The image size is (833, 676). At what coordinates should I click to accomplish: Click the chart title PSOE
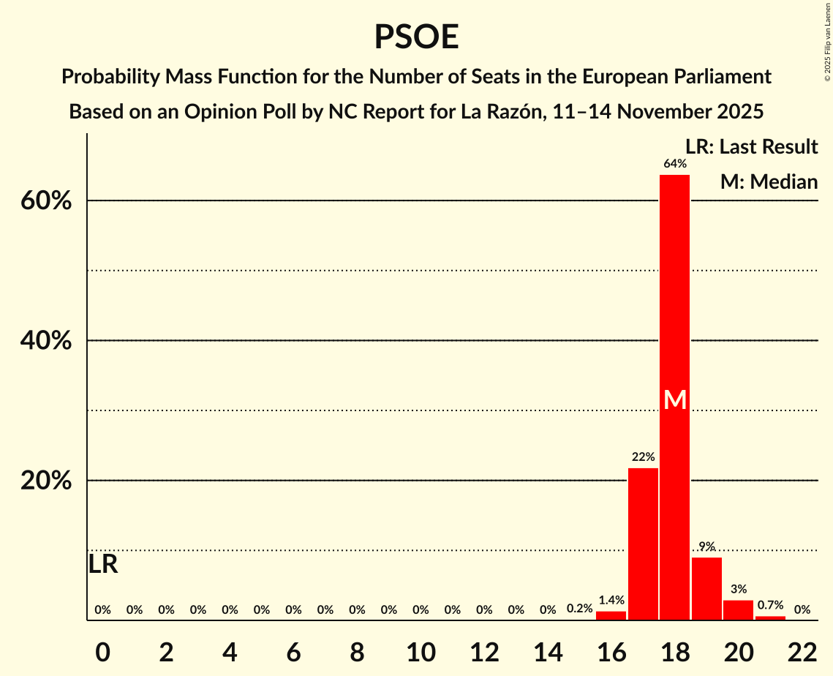click(416, 37)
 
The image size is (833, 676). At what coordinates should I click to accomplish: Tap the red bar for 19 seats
click(706, 589)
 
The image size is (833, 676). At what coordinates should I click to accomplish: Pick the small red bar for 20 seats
click(738, 610)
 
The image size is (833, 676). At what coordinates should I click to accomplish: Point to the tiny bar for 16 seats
click(611, 616)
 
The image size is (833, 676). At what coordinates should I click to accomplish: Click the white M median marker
click(674, 400)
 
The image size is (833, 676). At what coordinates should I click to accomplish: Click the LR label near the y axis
click(103, 564)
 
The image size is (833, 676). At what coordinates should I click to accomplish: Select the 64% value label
click(674, 164)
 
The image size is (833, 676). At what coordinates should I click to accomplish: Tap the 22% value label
click(643, 457)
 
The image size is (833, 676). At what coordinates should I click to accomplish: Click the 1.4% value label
click(611, 601)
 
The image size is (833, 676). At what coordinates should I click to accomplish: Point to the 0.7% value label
click(770, 605)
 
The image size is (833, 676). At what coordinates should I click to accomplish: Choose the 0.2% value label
click(579, 609)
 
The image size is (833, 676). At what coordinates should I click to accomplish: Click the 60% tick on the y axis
click(45, 201)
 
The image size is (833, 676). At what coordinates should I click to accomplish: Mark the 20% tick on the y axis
click(45, 481)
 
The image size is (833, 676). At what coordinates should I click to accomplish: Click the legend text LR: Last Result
click(751, 147)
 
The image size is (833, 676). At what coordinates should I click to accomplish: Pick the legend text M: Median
click(769, 181)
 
